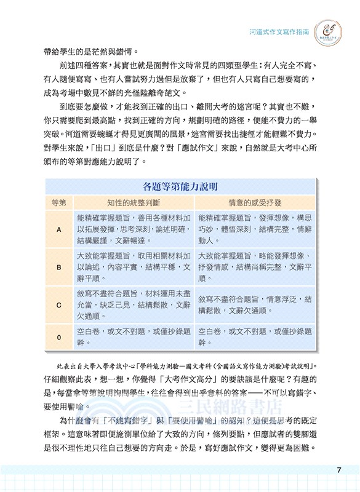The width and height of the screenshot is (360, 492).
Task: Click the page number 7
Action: [339, 470]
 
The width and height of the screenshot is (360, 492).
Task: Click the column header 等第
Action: [58, 201]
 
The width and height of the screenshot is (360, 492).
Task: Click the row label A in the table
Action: [58, 229]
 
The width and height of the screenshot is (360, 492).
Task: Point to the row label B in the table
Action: [58, 268]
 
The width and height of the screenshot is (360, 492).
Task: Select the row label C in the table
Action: [58, 304]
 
